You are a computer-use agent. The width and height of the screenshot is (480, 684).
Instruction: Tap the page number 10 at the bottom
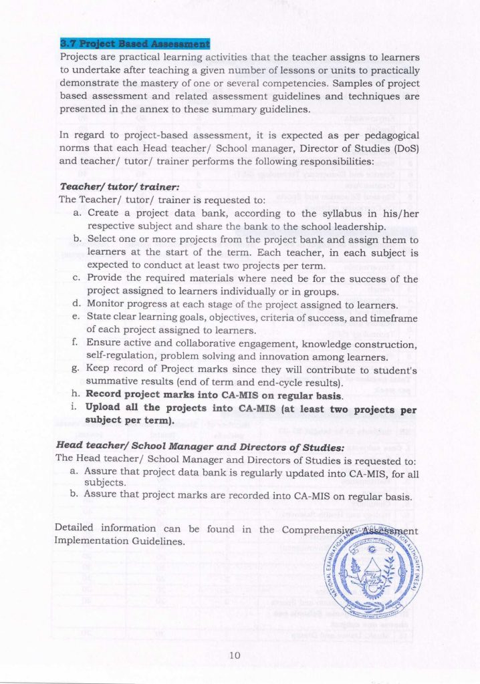[234, 655]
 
